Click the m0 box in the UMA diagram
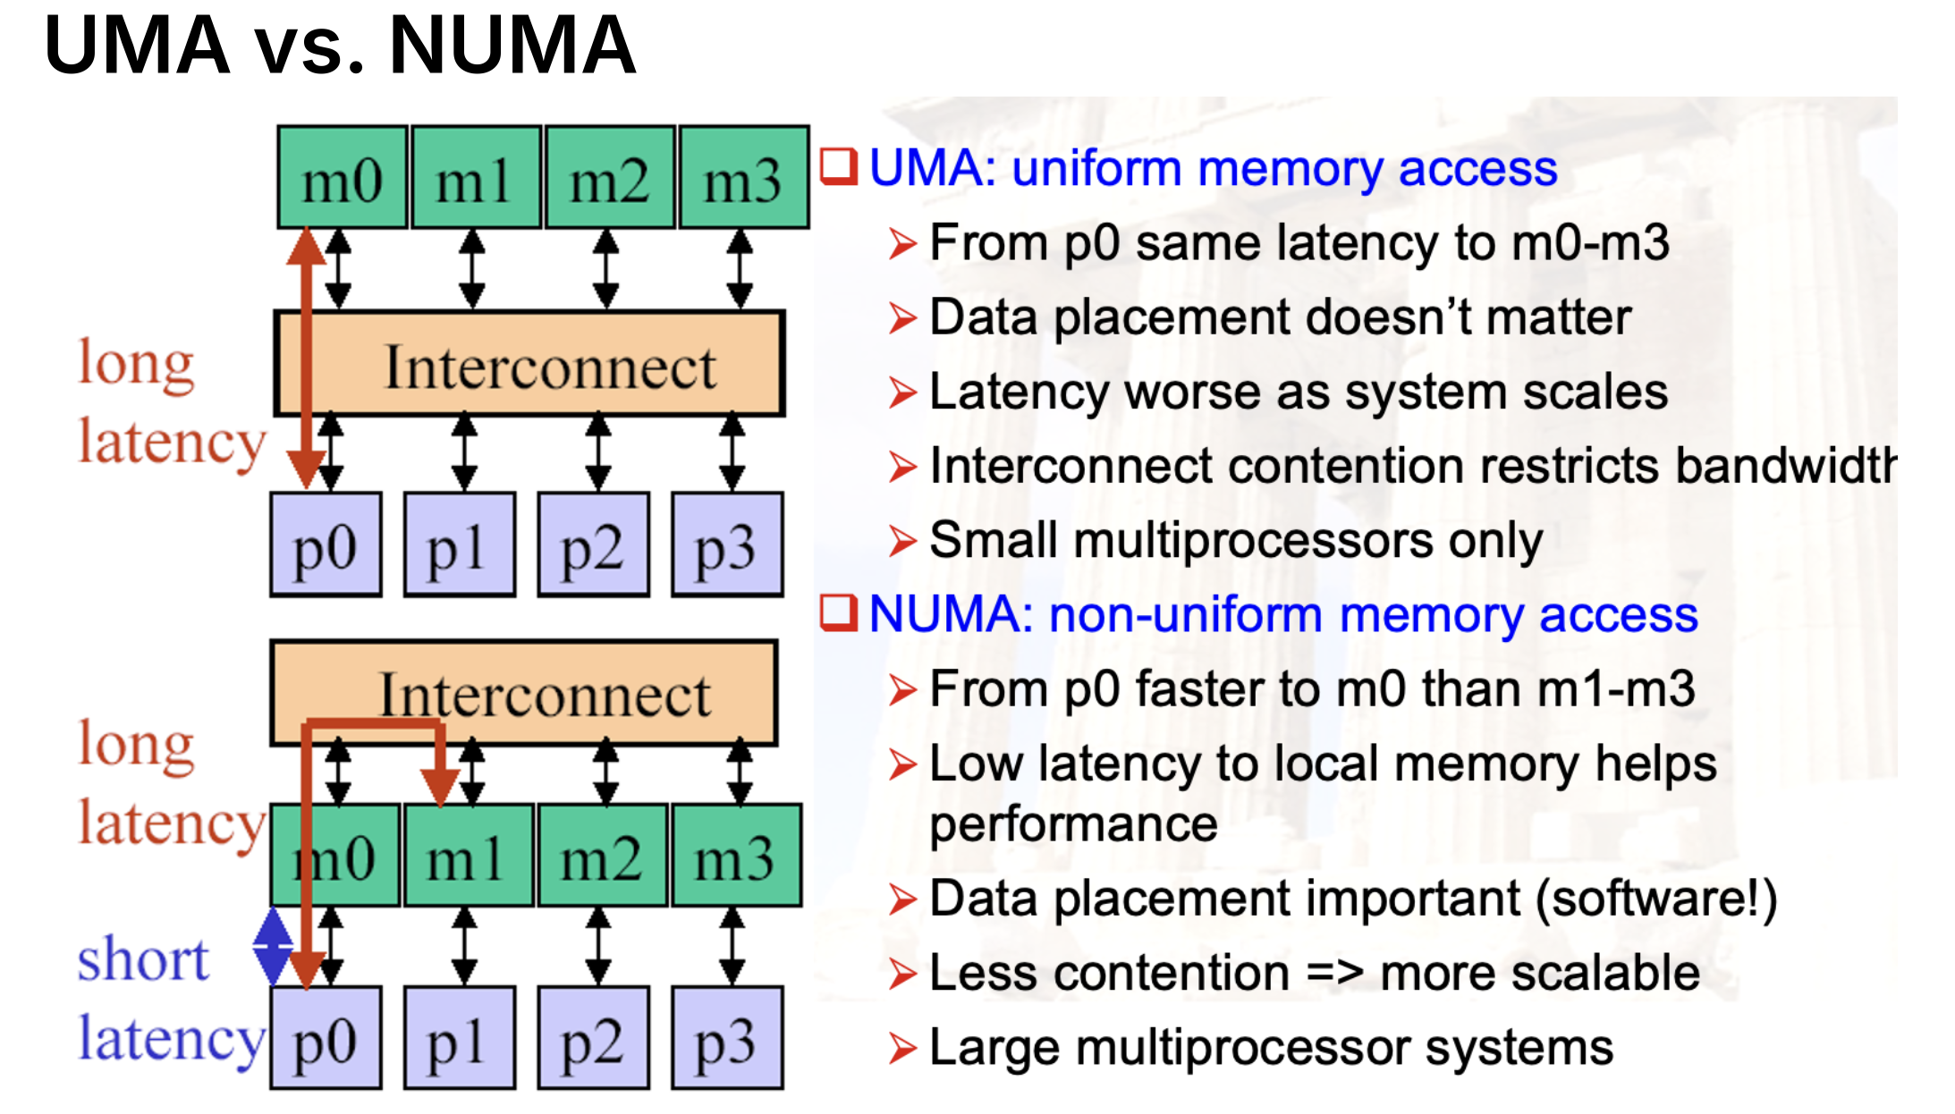[x=342, y=178]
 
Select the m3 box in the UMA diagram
[x=743, y=178]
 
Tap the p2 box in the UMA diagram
[x=593, y=544]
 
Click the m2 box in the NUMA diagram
[x=601, y=856]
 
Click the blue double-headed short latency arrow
[x=272, y=946]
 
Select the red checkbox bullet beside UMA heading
[x=839, y=167]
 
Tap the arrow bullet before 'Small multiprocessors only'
[x=902, y=541]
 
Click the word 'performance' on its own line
[x=1073, y=823]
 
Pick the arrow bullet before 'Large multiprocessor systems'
[x=902, y=1048]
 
